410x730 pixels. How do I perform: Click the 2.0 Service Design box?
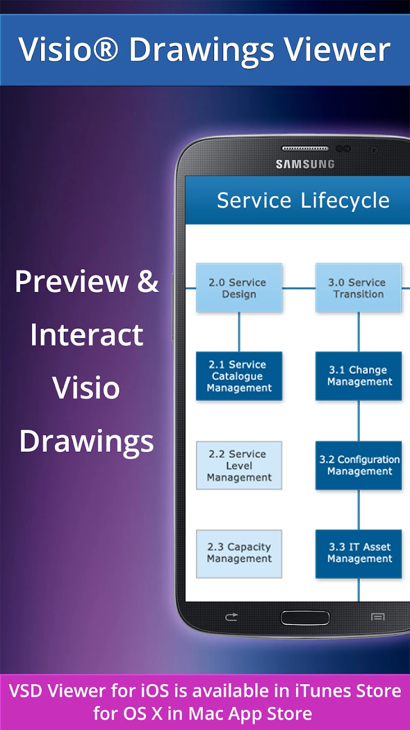[x=239, y=288]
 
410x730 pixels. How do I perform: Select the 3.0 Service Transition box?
[x=358, y=288]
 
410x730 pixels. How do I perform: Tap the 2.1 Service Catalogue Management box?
[x=239, y=376]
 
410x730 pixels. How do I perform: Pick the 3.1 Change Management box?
[x=358, y=376]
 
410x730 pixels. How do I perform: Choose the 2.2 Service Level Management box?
[x=239, y=465]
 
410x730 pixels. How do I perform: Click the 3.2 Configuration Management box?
[x=358, y=465]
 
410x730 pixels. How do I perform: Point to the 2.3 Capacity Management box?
[x=239, y=554]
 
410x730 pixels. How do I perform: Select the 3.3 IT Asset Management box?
[x=358, y=554]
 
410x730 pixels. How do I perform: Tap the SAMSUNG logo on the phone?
[x=305, y=164]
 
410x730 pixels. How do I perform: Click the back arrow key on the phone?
[x=231, y=617]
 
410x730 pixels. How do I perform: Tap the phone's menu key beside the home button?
[x=378, y=617]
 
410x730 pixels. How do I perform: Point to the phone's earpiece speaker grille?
[x=305, y=149]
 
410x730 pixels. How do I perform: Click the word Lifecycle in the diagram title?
[x=345, y=201]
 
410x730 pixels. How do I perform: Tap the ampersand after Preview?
[x=148, y=282]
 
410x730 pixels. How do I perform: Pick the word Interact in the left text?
[x=87, y=335]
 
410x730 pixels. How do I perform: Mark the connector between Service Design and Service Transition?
[x=299, y=288]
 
